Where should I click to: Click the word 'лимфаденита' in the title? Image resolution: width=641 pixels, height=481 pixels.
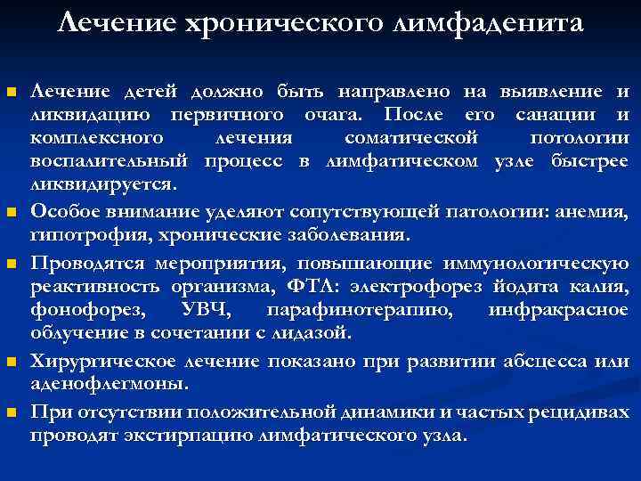coord(498,22)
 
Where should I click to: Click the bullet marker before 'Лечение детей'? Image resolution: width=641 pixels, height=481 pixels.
coord(11,93)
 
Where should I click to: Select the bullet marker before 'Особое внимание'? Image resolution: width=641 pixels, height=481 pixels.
coord(11,212)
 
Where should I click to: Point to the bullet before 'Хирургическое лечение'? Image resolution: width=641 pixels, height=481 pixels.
coord(11,362)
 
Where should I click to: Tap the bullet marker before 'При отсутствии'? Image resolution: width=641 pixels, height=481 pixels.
coord(11,412)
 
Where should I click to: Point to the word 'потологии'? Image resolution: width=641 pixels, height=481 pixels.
coord(579,138)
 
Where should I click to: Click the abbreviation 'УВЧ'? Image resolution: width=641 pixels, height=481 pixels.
coord(204,310)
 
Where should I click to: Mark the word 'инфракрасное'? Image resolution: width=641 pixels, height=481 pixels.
coord(558,310)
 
